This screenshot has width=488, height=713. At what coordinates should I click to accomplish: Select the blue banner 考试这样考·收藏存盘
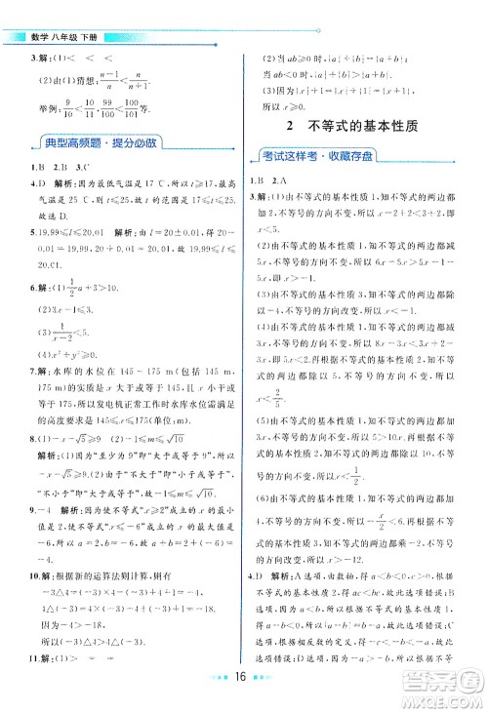[328, 155]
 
